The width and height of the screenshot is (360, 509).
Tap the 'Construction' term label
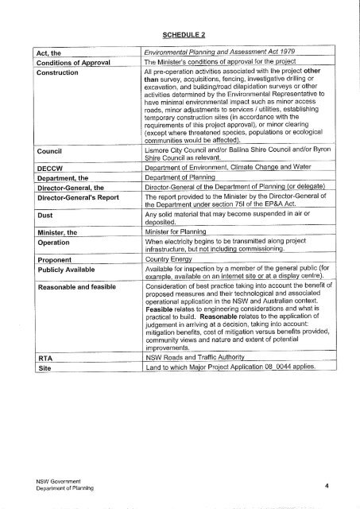click(x=50, y=72)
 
